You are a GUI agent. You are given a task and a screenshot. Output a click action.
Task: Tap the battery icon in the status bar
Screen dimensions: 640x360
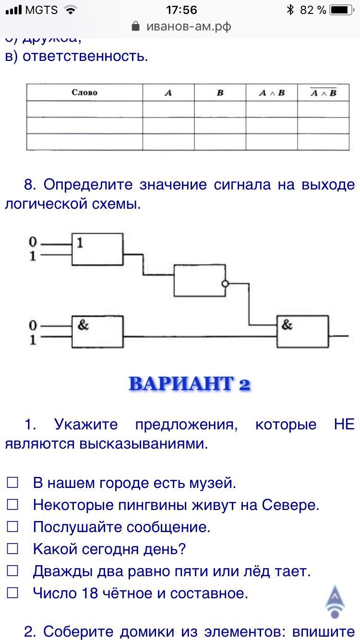(x=342, y=10)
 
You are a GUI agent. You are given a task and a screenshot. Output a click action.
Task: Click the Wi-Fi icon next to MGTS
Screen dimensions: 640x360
(x=71, y=10)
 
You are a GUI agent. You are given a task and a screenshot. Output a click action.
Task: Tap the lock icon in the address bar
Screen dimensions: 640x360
(x=136, y=26)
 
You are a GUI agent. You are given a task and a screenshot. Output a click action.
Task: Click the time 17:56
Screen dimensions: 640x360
(x=181, y=10)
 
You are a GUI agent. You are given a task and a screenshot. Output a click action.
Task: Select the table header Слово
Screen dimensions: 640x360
(x=84, y=93)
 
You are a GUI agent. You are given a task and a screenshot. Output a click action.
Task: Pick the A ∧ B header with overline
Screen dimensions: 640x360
(x=323, y=93)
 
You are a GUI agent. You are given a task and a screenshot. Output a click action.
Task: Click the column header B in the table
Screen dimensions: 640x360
(x=220, y=93)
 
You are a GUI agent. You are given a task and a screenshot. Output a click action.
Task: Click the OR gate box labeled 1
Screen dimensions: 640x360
(x=97, y=249)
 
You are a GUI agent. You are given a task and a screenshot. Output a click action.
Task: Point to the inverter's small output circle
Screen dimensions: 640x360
(x=225, y=284)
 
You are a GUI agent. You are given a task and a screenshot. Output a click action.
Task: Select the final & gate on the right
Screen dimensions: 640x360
(x=302, y=331)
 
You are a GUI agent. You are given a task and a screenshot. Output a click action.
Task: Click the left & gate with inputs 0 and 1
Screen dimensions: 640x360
(x=97, y=331)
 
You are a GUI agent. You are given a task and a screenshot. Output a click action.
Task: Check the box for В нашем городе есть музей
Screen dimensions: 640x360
(x=12, y=483)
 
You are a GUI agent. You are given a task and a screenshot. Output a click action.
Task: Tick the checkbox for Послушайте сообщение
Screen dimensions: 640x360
(x=12, y=527)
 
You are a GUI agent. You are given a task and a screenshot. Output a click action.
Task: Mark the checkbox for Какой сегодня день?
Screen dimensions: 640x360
(x=12, y=549)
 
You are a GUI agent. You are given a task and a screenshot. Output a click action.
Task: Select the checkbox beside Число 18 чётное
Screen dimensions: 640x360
(x=12, y=593)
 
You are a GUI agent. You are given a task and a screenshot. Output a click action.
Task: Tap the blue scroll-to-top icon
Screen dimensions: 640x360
(x=335, y=601)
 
